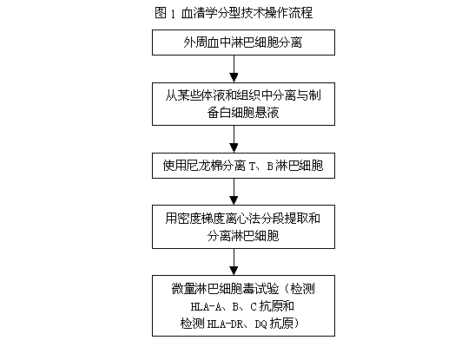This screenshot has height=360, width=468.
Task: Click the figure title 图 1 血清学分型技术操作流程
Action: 234,13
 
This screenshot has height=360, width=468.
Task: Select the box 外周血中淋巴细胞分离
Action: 243,43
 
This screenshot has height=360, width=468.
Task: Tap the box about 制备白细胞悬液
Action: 243,104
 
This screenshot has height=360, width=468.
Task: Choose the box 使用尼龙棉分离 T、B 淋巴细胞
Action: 243,166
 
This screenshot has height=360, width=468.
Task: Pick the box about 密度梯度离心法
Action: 243,227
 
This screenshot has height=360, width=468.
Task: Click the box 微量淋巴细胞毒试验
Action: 243,305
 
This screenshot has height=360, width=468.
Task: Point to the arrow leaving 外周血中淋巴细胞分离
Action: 234,69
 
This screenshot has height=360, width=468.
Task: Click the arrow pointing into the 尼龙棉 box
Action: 234,140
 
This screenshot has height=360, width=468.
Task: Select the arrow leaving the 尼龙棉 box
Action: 234,192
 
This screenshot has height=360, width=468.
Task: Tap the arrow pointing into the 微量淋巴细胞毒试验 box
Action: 234,262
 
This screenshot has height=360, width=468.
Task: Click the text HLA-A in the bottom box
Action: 207,306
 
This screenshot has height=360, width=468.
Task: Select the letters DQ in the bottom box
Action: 260,324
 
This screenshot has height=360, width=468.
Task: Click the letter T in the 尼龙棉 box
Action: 252,167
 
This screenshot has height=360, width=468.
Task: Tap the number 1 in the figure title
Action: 173,14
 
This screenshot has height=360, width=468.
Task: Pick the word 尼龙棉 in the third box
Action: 204,166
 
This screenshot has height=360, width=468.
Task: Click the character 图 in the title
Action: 161,13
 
